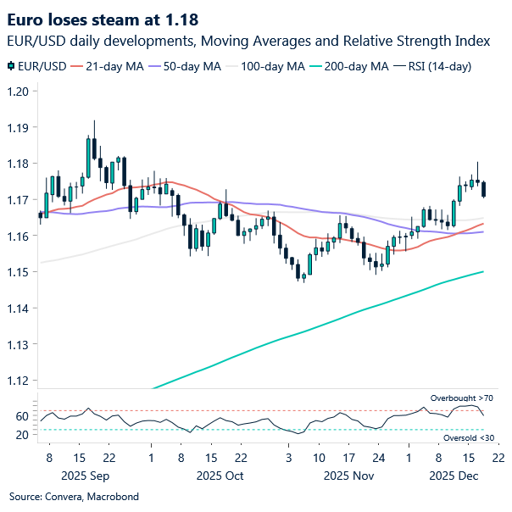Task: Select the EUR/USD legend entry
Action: (x=38, y=65)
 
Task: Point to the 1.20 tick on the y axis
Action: (x=18, y=92)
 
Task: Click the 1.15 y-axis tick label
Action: (x=18, y=272)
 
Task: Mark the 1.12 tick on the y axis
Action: (x=18, y=381)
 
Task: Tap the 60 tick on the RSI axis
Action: (x=21, y=416)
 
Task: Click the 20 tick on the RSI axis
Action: (x=21, y=435)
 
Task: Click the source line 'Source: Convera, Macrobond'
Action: (x=74, y=496)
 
